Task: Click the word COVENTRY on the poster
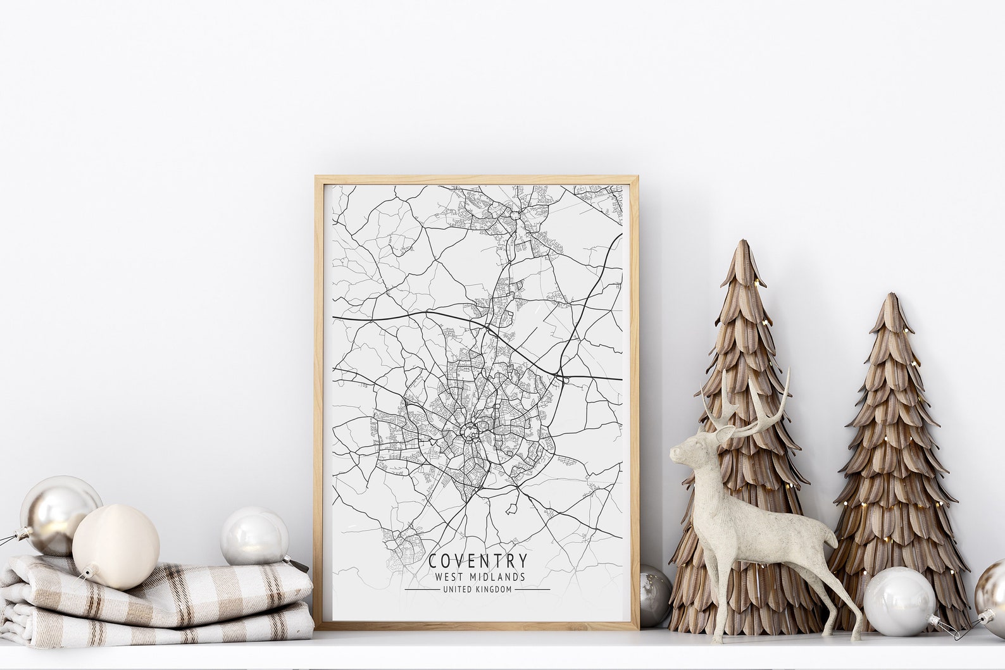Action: click(x=477, y=561)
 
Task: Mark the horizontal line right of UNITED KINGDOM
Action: click(x=532, y=590)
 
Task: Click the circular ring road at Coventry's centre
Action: click(x=470, y=433)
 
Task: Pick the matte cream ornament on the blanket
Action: click(x=115, y=547)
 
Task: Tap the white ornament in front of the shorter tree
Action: click(x=899, y=602)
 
